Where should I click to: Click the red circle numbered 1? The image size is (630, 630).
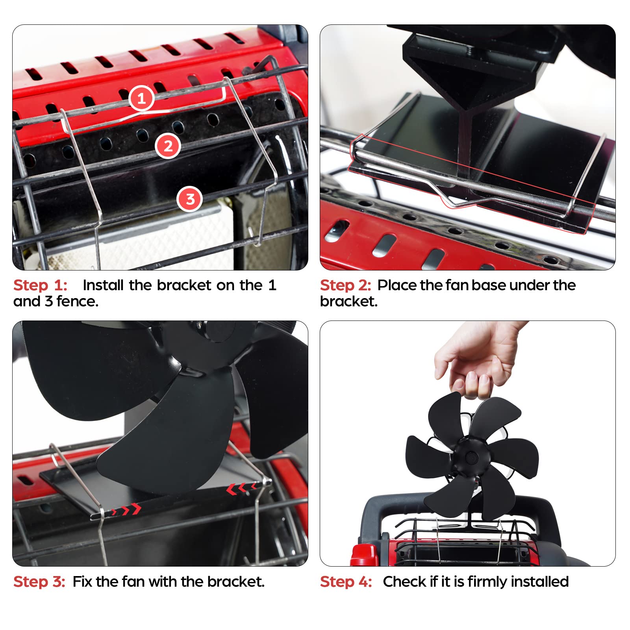(141, 98)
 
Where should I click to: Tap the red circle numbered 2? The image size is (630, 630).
(168, 146)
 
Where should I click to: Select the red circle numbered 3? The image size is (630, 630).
(190, 199)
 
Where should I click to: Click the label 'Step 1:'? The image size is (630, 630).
(40, 285)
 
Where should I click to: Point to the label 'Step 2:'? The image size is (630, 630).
(345, 285)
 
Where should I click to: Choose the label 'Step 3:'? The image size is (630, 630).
(39, 582)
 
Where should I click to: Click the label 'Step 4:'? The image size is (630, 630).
(346, 582)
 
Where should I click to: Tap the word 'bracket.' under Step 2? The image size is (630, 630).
(348, 302)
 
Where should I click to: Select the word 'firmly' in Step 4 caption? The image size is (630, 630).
(487, 582)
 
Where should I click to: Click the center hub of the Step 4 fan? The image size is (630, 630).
(471, 458)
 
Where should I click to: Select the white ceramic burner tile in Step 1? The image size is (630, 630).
(165, 236)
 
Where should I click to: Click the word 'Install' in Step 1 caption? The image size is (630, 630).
(103, 285)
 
